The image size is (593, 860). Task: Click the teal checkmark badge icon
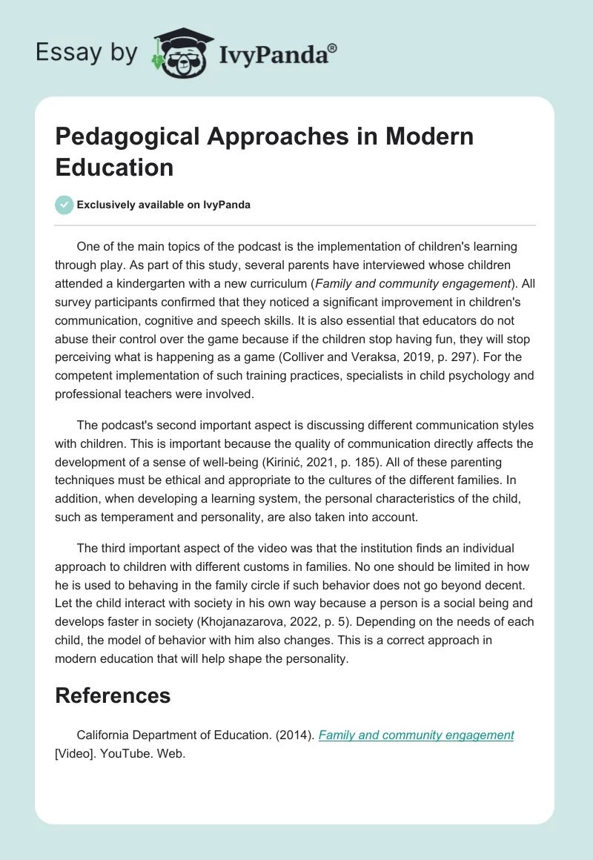64,205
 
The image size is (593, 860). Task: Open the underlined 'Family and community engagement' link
416,735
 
